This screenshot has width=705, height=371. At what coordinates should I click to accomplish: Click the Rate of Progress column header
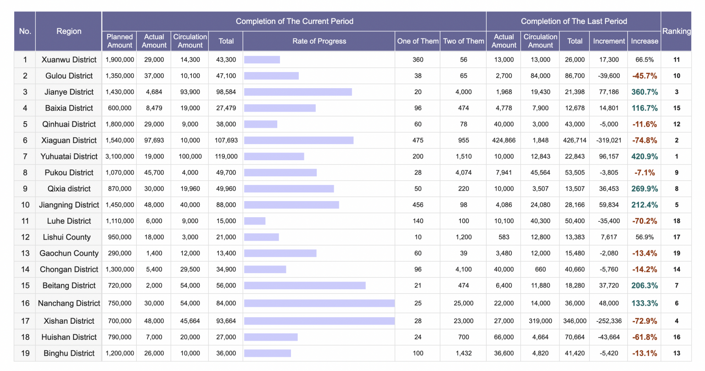pyautogui.click(x=319, y=41)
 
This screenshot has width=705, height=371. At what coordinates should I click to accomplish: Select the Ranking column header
pyautogui.click(x=676, y=31)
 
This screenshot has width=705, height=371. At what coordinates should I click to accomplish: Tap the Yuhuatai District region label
pyautogui.click(x=69, y=157)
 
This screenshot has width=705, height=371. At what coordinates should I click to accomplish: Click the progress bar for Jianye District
pyautogui.click(x=298, y=92)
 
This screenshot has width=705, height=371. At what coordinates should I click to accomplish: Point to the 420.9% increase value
pyautogui.click(x=644, y=157)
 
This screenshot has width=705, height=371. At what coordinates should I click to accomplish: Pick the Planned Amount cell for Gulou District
pyautogui.click(x=120, y=76)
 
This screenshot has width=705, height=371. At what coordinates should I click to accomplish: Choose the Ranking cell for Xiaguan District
pyautogui.click(x=677, y=141)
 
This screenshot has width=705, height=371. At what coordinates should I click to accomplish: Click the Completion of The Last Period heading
pyautogui.click(x=574, y=21)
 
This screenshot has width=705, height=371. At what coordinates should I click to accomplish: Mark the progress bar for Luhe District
pyautogui.click(x=255, y=221)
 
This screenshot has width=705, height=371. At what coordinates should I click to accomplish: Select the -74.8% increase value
pyautogui.click(x=644, y=141)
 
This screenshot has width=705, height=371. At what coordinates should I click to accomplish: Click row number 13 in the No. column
pyautogui.click(x=25, y=253)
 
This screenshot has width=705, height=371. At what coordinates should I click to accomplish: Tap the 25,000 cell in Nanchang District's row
pyautogui.click(x=464, y=304)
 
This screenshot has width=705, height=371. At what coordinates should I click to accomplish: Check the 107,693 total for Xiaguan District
pyautogui.click(x=226, y=141)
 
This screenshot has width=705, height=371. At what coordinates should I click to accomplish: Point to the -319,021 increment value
pyautogui.click(x=609, y=141)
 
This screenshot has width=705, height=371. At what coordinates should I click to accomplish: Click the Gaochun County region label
pyautogui.click(x=69, y=253)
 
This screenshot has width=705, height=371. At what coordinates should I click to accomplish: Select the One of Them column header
pyautogui.click(x=418, y=41)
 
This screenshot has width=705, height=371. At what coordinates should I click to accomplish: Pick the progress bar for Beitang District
pyautogui.click(x=305, y=286)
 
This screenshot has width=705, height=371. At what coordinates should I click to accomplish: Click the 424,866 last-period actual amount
pyautogui.click(x=504, y=141)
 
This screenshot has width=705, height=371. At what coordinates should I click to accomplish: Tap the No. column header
pyautogui.click(x=25, y=31)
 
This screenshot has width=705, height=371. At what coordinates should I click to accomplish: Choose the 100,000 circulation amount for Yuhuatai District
pyautogui.click(x=190, y=157)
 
